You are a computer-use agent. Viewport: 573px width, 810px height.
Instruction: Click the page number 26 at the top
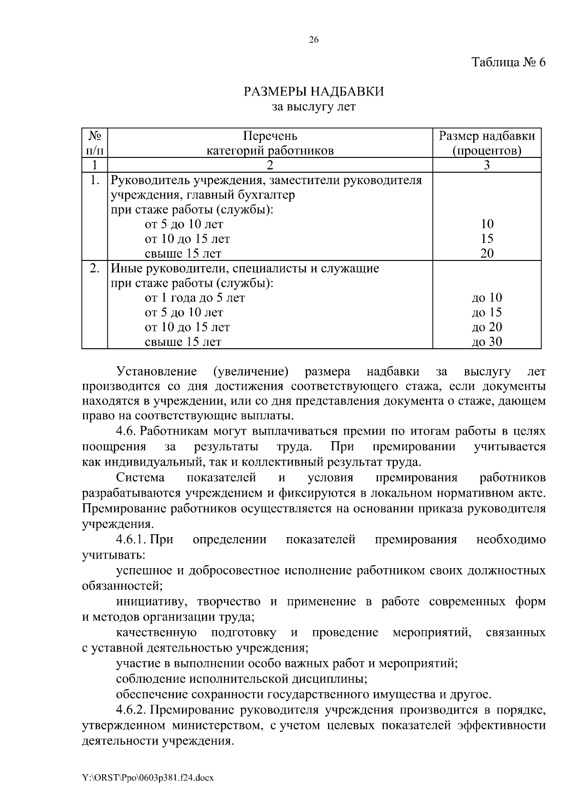coord(314,40)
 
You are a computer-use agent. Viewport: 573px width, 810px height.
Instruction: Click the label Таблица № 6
coord(508,62)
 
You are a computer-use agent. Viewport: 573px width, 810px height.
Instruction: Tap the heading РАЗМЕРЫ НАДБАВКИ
coord(314,91)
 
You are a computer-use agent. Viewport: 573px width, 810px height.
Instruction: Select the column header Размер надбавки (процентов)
coord(487,144)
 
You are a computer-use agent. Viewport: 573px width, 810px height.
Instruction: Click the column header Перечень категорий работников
coord(270,144)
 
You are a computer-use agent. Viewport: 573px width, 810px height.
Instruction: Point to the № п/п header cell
coord(95,144)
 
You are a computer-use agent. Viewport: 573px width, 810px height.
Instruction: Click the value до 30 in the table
coord(487,342)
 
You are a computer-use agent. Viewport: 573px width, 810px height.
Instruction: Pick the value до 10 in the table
coord(487,298)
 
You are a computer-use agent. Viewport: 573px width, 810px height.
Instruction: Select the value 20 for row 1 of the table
coord(487,253)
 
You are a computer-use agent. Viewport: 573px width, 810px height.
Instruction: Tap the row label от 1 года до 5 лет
coord(194,298)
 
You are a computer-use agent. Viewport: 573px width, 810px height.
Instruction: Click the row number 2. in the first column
coord(95,269)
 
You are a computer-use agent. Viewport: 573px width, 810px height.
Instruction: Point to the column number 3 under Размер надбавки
coord(487,166)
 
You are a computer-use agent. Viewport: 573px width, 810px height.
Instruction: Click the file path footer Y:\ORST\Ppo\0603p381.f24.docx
coord(148,778)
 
